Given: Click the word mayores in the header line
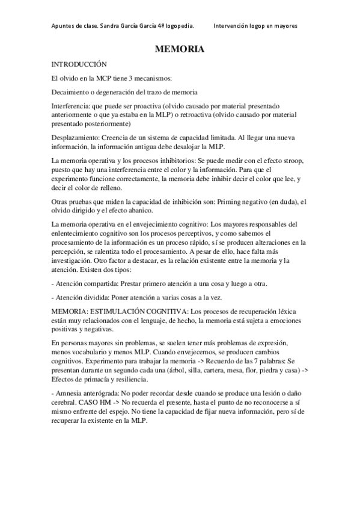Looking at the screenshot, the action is (285, 26).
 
